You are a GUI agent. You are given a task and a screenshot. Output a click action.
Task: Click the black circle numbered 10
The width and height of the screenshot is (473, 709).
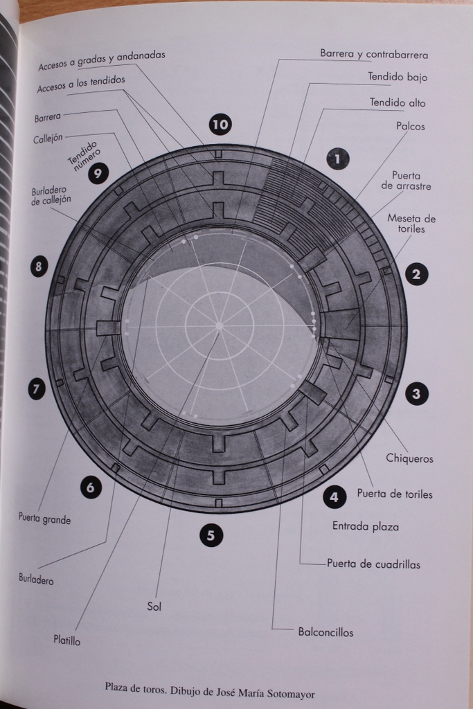pos(220,124)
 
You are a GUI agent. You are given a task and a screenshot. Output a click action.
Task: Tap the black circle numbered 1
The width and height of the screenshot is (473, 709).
pos(337,159)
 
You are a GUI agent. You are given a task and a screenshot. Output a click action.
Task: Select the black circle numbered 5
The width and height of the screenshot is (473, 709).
pos(211,535)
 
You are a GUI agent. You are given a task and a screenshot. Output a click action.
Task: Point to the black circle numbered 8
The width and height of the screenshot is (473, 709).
pos(39,266)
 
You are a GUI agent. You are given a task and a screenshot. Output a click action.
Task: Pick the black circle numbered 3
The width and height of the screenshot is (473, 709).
pos(416,393)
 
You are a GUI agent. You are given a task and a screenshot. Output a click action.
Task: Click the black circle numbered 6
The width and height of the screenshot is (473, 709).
pos(91,487)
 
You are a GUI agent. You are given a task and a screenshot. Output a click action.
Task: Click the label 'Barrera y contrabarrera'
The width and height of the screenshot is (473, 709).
pos(374,54)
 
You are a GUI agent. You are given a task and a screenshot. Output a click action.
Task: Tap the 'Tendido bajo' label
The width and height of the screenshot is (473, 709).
pos(398,77)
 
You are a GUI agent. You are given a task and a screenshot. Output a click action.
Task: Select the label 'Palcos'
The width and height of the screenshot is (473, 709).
pos(411,126)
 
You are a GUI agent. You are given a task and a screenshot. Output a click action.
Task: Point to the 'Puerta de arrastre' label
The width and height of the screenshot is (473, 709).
pos(406,181)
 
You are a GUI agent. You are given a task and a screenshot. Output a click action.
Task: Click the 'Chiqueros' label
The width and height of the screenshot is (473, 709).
pos(409,458)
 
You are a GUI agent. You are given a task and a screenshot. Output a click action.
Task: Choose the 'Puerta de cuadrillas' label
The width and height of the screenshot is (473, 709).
pos(373,564)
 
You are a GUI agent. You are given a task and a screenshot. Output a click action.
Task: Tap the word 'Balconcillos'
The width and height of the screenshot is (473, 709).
pos(325,632)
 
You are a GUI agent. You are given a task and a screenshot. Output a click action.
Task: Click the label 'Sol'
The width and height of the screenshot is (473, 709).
pos(154,607)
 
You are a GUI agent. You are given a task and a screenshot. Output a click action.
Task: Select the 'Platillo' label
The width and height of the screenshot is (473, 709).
pos(67,640)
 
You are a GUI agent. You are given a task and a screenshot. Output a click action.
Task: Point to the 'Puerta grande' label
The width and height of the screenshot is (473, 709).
pos(44,518)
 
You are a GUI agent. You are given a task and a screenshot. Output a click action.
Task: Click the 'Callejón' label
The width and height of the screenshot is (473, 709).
pos(48,138)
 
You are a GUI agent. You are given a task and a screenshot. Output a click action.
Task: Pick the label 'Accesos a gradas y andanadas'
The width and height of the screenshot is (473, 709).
pos(102,60)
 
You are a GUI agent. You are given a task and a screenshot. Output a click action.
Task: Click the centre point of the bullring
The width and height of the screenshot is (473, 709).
pos(220,325)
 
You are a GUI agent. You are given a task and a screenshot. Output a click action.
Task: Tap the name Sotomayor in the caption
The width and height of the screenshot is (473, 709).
pos(290,694)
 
